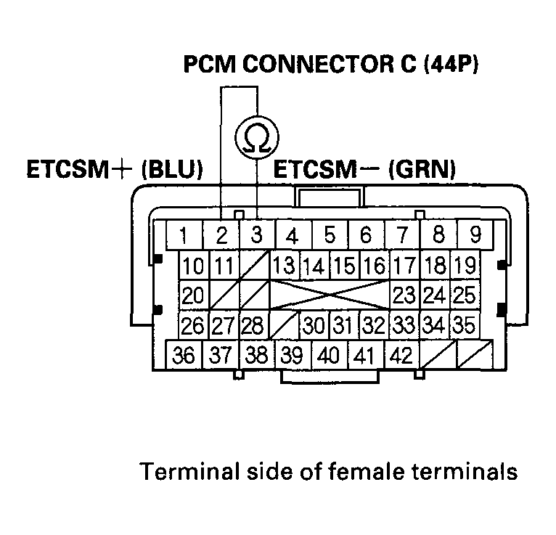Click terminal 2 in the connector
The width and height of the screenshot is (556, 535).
point(222,235)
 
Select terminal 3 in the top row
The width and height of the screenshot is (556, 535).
point(256,235)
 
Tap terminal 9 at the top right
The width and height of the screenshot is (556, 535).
point(476,235)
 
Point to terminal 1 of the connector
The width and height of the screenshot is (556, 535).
point(185,235)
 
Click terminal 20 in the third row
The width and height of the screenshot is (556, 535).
point(193,295)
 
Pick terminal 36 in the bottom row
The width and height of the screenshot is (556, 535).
point(184,356)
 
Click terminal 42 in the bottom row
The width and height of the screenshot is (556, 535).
point(400,356)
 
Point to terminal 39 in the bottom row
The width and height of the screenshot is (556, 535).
point(293,356)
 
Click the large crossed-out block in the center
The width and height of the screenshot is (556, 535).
point(330,295)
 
